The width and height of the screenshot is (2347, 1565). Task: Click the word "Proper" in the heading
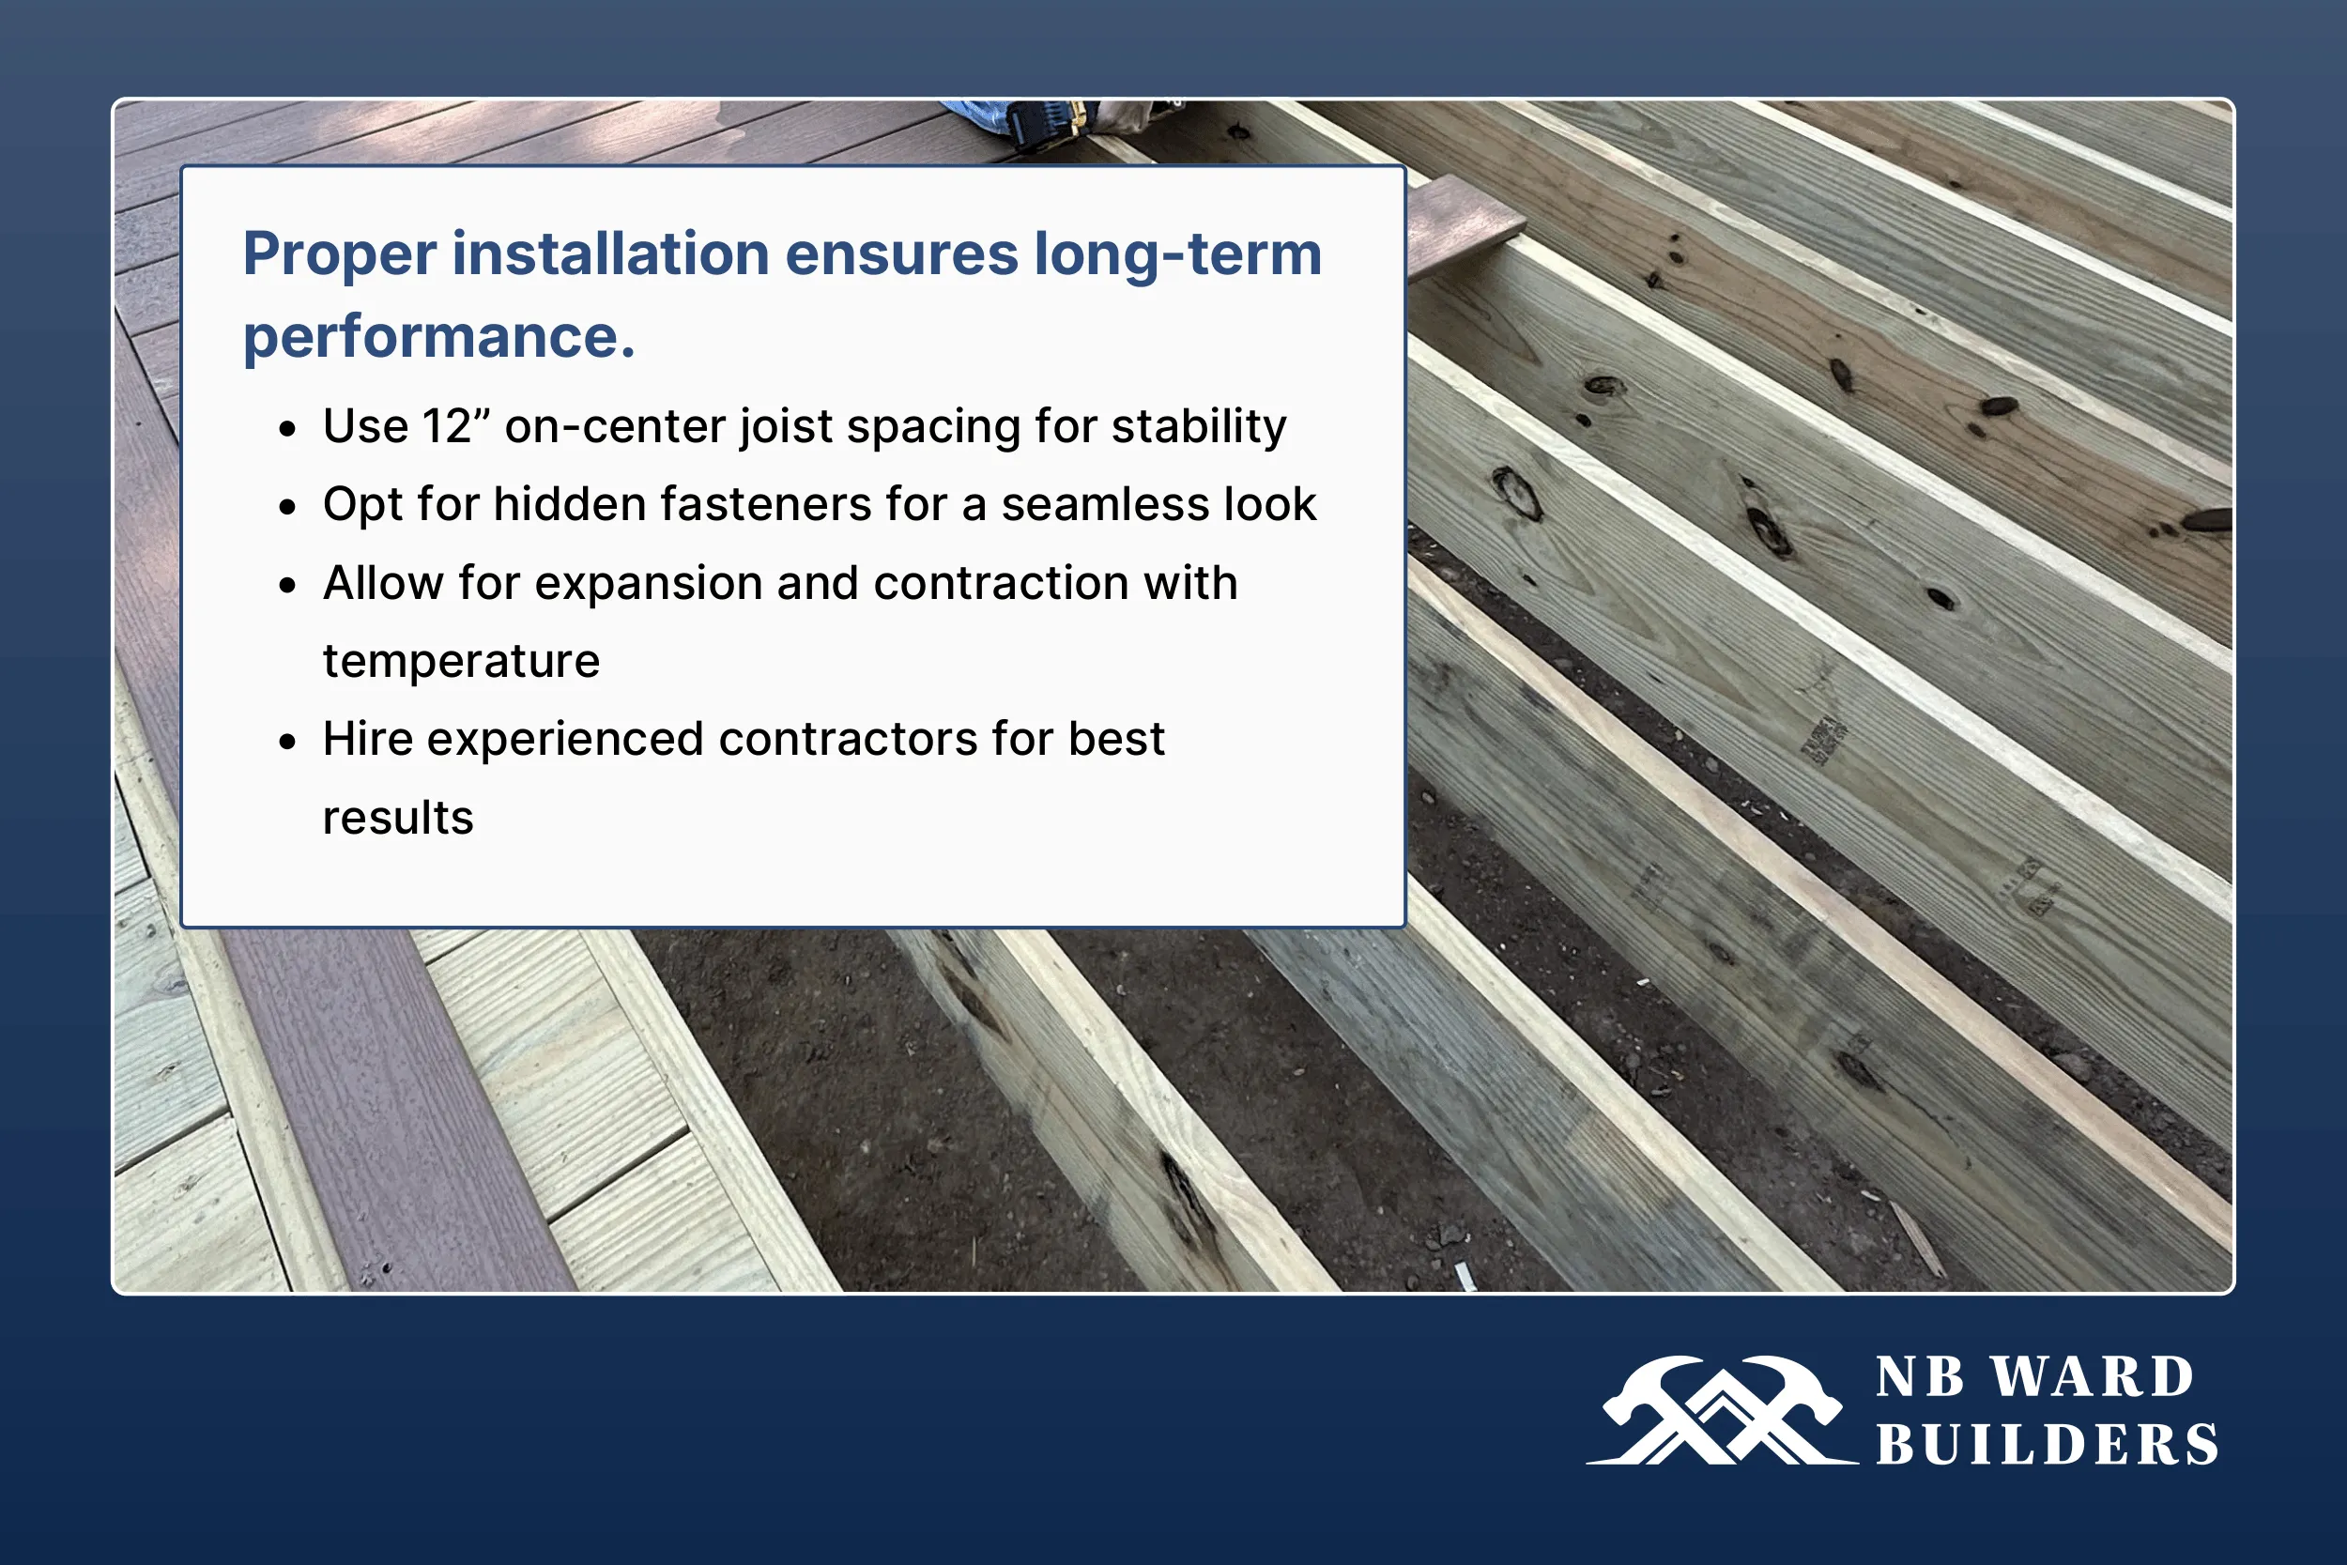click(x=339, y=255)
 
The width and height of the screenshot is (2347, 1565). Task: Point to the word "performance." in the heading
click(x=439, y=337)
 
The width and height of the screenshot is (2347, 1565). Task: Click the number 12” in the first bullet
click(x=456, y=426)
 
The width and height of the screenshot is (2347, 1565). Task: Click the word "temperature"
click(x=461, y=661)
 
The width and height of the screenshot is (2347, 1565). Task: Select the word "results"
click(x=397, y=818)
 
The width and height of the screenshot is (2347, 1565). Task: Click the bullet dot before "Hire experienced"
click(x=288, y=742)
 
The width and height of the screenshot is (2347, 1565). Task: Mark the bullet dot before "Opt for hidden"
click(x=288, y=507)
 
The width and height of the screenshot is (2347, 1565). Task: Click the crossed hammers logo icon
click(x=1723, y=1409)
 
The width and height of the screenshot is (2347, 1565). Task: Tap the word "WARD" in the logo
click(x=2093, y=1377)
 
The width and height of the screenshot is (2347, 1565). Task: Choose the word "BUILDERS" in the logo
click(x=2047, y=1444)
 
